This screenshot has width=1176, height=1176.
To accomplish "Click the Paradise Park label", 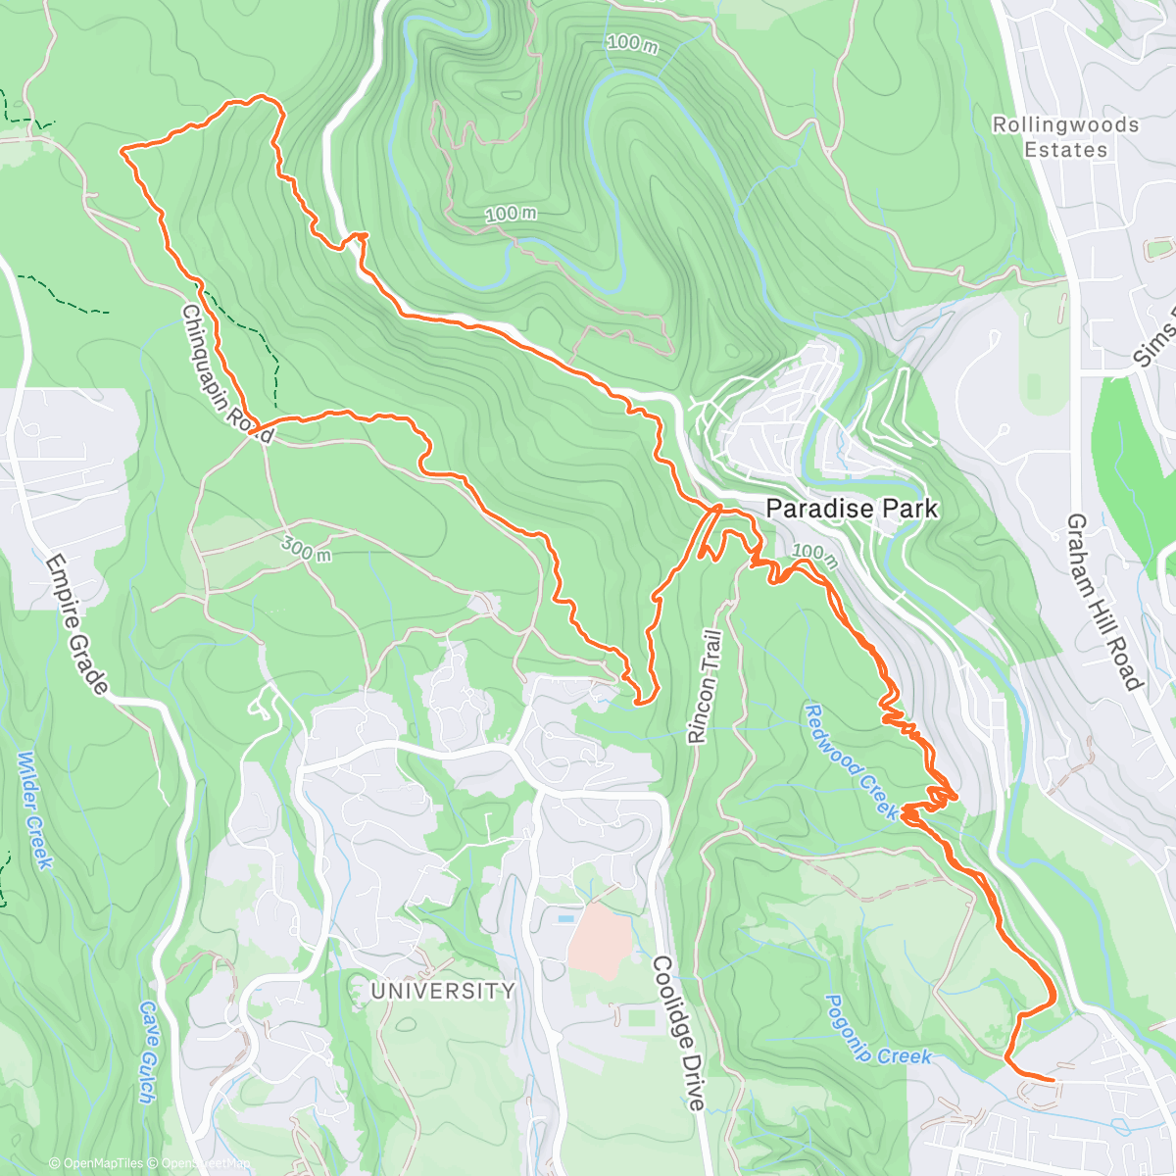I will [851, 509].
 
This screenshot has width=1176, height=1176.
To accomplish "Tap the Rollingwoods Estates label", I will [1065, 137].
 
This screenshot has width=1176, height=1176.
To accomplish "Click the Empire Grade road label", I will [76, 625].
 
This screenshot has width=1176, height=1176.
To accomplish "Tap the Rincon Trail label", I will [706, 687].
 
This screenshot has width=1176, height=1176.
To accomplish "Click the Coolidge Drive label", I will [678, 1033].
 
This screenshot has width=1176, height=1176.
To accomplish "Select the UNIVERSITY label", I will [443, 991].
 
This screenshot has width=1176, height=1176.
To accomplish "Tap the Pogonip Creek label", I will [876, 1031].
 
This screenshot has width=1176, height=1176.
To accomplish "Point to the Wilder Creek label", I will [34, 809].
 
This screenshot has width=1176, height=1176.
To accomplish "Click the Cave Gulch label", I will [148, 1051].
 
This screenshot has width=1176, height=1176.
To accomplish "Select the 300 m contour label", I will [307, 549].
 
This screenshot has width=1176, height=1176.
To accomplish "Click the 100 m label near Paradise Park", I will [815, 554].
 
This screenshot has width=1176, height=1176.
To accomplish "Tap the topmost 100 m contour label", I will [632, 43].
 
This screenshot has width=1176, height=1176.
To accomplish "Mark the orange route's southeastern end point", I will [1053, 1080].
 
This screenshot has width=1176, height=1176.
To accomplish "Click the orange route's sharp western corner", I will [122, 151].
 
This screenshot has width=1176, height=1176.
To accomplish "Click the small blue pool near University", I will [566, 920].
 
